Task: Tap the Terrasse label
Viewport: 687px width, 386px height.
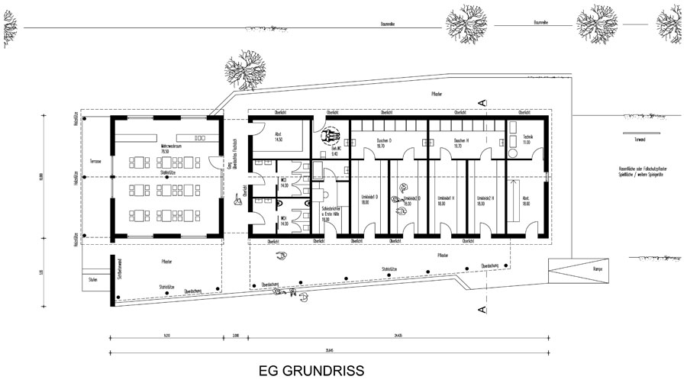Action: pyautogui.click(x=95, y=162)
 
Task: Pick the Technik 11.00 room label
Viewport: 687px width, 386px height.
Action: pyautogui.click(x=526, y=142)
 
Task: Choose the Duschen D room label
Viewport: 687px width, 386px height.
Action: pyautogui.click(x=384, y=143)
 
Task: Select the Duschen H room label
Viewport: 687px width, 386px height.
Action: pyautogui.click(x=460, y=143)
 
